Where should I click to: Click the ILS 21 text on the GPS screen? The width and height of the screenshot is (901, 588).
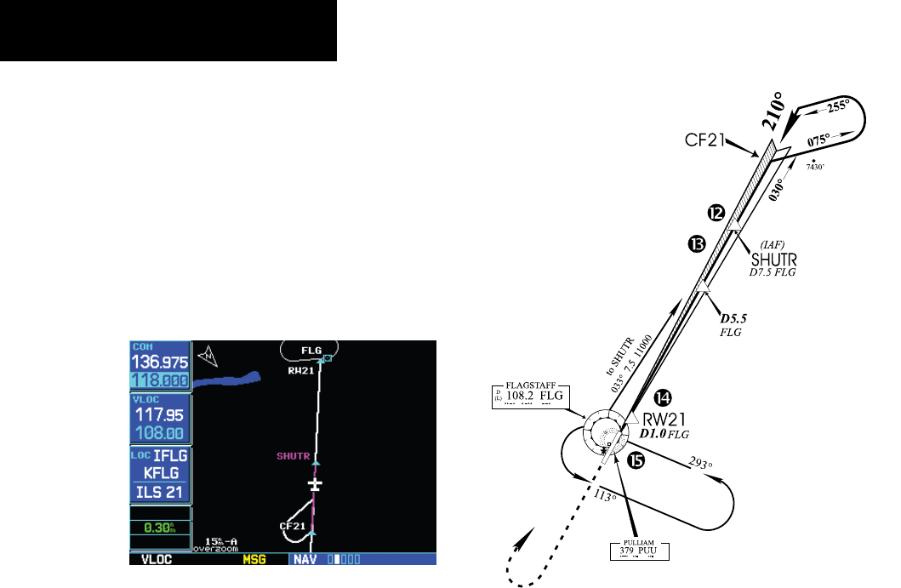coord(160,492)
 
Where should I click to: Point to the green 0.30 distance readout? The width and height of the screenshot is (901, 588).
coord(158,527)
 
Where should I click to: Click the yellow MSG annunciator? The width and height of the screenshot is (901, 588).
coord(254,560)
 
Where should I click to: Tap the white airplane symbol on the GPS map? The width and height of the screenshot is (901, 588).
coord(316,484)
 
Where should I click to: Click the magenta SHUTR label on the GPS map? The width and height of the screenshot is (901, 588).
coord(294,456)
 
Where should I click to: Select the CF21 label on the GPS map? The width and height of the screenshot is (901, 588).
coord(292,526)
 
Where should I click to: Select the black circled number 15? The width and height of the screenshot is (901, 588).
coord(636,460)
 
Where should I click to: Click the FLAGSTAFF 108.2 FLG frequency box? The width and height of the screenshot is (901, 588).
coord(529,396)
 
